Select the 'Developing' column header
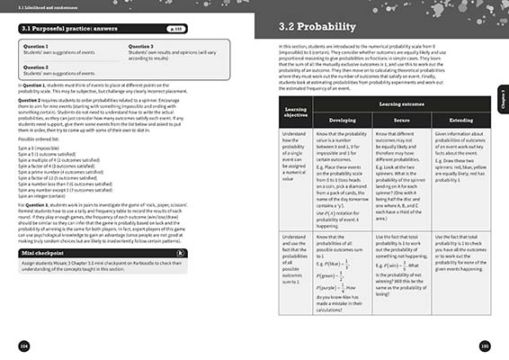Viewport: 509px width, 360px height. click(334, 144)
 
